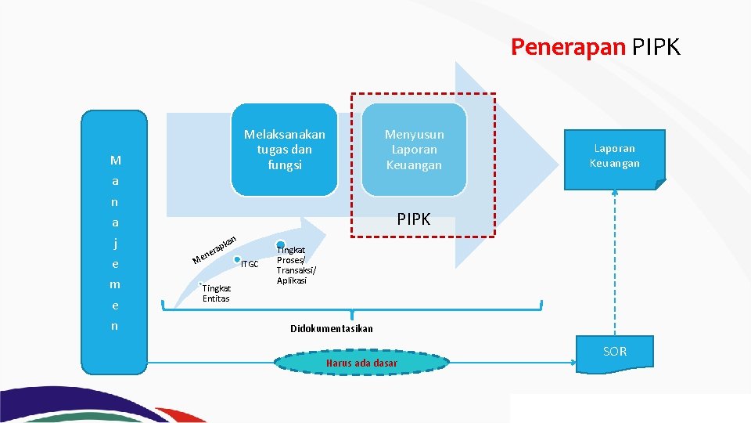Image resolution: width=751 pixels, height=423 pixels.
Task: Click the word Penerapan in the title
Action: (568, 48)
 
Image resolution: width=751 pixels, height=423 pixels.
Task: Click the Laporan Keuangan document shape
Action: (615, 156)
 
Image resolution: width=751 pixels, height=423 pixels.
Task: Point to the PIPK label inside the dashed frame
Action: (413, 219)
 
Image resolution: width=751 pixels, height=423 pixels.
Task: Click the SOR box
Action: (615, 352)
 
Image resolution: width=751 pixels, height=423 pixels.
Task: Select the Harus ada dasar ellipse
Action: (362, 363)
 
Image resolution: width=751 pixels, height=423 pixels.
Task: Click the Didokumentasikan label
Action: (332, 328)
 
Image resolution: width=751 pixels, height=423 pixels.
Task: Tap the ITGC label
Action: (250, 264)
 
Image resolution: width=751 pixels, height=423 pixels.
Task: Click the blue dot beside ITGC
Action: (237, 259)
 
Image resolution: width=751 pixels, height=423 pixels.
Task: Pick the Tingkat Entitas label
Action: (216, 293)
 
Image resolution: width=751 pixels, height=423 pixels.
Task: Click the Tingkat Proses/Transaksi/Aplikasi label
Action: (296, 265)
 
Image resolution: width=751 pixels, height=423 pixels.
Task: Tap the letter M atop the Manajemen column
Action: (115, 161)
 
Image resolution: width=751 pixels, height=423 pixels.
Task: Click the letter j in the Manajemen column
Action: (115, 243)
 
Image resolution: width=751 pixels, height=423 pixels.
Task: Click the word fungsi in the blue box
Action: (284, 165)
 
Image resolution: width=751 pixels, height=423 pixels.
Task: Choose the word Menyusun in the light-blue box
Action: (414, 134)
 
